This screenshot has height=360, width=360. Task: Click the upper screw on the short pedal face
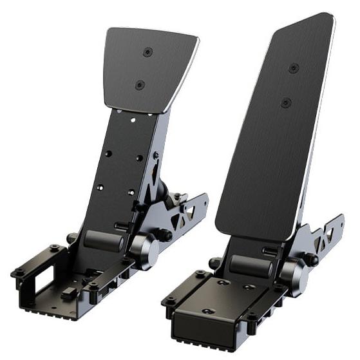(x=148, y=52)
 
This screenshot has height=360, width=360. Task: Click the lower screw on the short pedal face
(x=139, y=84)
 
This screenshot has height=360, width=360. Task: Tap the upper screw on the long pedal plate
(x=294, y=68)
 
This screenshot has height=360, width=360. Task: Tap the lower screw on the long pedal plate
(x=286, y=102)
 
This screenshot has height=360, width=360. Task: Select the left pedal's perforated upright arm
(x=122, y=167)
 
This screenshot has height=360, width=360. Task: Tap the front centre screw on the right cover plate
(x=207, y=311)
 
